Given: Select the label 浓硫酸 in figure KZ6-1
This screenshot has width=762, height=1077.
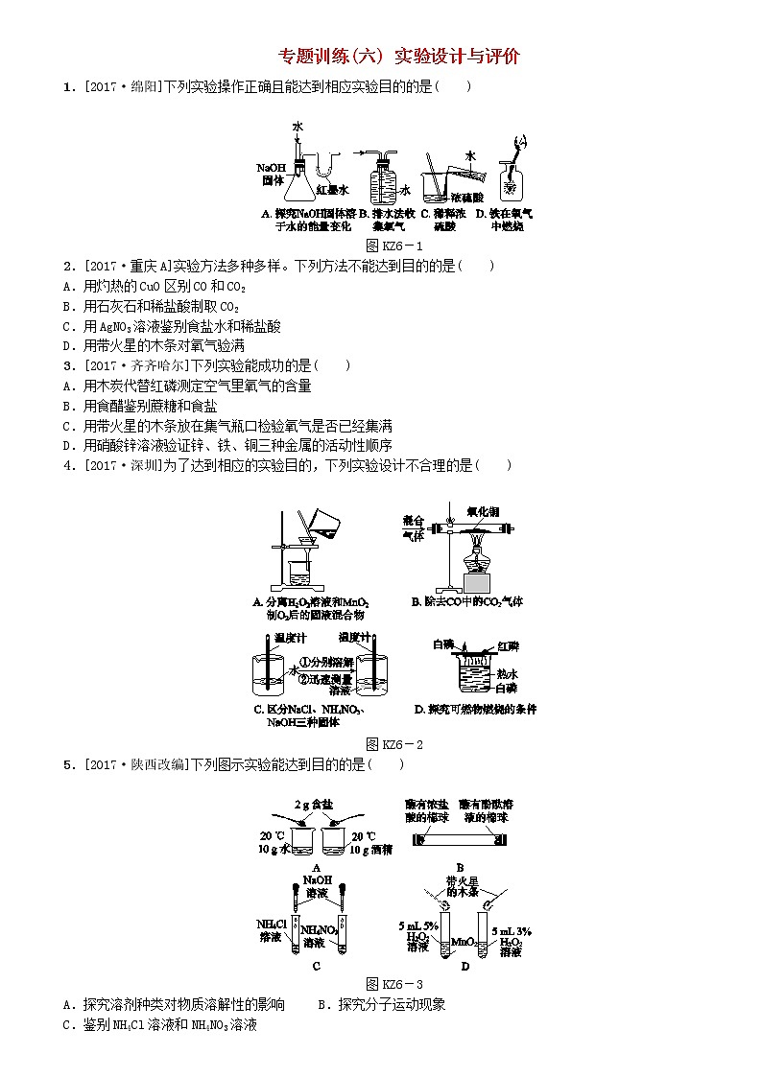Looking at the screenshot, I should click(465, 197).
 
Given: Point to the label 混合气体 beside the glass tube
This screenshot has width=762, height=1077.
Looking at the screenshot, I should click(414, 530).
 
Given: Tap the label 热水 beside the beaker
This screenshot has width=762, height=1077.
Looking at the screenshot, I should click(506, 673).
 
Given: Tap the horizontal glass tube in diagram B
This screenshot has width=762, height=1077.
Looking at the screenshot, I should click(458, 839).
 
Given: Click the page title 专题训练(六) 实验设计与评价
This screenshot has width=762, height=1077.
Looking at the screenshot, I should click(397, 57).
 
